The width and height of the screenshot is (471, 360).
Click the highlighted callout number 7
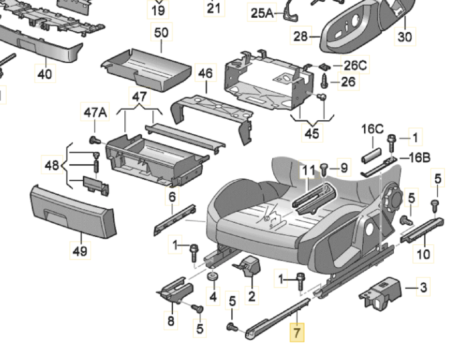[297, 332]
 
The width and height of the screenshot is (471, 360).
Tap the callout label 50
[161, 32]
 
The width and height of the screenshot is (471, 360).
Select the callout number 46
[205, 73]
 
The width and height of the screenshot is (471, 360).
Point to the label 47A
[95, 112]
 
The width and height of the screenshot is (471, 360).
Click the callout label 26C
[355, 66]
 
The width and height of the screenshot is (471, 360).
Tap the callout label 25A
[262, 13]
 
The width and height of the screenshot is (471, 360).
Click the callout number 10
[423, 254]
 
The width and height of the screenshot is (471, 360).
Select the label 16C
[372, 129]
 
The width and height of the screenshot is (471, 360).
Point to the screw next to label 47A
[95, 140]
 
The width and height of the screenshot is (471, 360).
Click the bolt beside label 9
[324, 170]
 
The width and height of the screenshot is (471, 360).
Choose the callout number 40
[45, 74]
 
